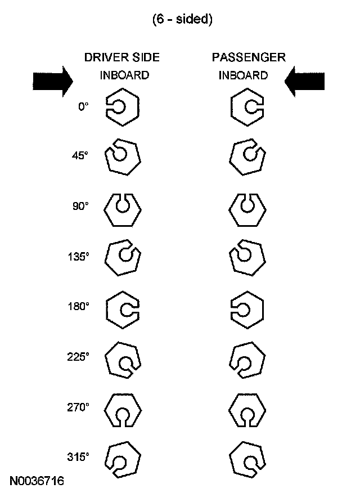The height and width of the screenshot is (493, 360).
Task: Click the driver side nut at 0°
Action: coord(123,107)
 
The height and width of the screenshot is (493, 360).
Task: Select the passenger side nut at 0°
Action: coord(247,107)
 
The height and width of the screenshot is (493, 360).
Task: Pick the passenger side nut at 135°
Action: coord(247,258)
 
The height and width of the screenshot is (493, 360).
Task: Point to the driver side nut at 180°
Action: coord(123,308)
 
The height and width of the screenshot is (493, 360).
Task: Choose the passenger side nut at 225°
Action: coord(247,358)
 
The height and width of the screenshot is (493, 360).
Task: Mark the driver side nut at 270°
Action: coord(123,409)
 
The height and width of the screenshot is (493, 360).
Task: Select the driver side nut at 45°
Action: coord(123,157)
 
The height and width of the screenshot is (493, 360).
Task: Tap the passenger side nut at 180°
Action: coord(247,308)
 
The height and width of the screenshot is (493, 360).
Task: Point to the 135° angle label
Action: coord(78,257)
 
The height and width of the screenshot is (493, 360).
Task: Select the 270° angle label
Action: coord(78,407)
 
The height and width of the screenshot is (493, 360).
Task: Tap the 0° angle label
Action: coord(83,106)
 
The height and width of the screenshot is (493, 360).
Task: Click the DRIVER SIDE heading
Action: coord(122,57)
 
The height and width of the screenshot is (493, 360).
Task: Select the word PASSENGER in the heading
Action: coord(249,57)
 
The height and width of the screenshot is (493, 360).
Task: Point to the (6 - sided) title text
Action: coord(182,19)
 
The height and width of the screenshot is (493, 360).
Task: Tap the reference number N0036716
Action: coord(37,481)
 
